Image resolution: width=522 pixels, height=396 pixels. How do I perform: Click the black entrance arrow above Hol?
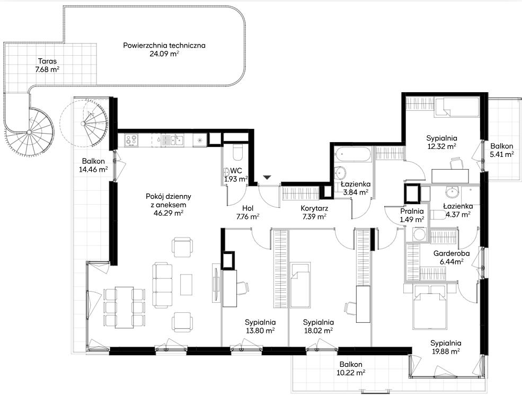click(x=267, y=178)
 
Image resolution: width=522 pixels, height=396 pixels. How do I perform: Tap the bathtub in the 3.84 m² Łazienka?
click(x=352, y=155)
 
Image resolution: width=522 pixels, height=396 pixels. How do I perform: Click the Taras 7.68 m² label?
click(x=47, y=65)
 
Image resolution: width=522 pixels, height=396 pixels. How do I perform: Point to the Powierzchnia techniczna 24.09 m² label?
click(x=164, y=50)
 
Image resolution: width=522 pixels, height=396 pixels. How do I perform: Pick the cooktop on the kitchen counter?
click(x=131, y=140)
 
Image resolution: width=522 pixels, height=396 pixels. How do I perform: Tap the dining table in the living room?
click(x=125, y=307)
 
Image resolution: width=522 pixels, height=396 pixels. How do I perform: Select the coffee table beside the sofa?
click(x=186, y=285)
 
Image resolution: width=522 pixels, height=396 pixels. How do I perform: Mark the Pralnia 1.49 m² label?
click(x=412, y=215)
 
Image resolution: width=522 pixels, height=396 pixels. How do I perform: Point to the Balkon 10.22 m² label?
click(x=351, y=368)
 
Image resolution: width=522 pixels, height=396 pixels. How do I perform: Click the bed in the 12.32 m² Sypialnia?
click(x=456, y=107)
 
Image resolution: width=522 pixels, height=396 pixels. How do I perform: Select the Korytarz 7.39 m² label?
click(x=314, y=213)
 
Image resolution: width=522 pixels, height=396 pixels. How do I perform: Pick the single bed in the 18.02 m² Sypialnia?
click(x=300, y=285)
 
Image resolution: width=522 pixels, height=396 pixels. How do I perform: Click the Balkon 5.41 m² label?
click(x=502, y=150)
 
